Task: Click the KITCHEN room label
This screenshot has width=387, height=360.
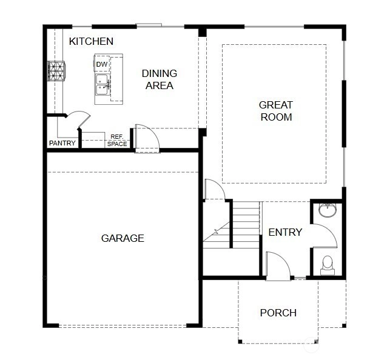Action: [91, 41]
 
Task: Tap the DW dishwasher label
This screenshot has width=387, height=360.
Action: [102, 64]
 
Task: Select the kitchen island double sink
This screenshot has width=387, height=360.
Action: [103, 85]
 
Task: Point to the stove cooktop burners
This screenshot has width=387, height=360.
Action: [56, 71]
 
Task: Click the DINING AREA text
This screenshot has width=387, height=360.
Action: [160, 79]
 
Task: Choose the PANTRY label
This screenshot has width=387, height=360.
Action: [62, 143]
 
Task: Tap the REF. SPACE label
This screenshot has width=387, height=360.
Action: [117, 140]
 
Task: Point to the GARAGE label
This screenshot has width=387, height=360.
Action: [123, 238]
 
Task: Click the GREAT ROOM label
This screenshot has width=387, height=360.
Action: [276, 111]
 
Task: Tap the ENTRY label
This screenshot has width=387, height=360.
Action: [285, 232]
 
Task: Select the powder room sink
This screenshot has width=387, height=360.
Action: [328, 210]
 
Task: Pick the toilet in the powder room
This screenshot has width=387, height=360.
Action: [328, 265]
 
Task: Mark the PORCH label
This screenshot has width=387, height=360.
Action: [278, 313]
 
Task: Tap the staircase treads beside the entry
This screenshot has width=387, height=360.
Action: [246, 225]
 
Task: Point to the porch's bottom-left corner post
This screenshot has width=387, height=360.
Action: [240, 341]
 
